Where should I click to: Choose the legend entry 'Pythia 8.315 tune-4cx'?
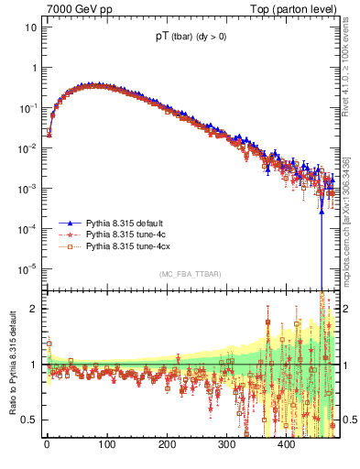[x=130, y=246]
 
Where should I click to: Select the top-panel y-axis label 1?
[x=34, y=67]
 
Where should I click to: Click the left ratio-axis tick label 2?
[x=34, y=309]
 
